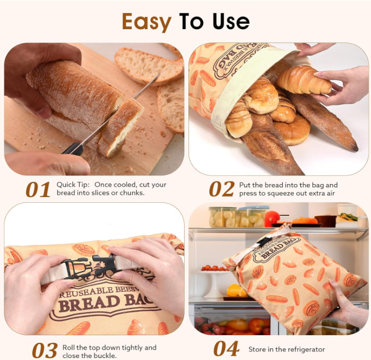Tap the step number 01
coord(38,189)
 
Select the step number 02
coord(221,189)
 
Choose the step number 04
coord(226,349)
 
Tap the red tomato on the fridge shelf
coord(272,218)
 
